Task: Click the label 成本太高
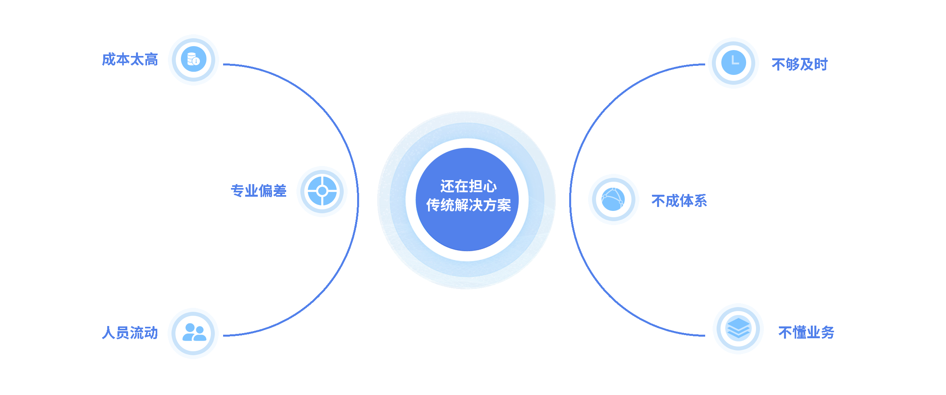[x=130, y=60]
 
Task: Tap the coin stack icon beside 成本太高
[x=194, y=60]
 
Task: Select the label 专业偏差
[x=258, y=191]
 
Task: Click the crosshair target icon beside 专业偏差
[x=322, y=191]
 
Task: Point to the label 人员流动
[x=130, y=333]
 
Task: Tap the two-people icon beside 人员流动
[x=194, y=333]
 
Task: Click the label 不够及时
[x=799, y=64]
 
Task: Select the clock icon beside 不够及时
[x=734, y=63]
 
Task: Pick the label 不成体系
[x=679, y=201]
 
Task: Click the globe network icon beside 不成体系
[x=613, y=199]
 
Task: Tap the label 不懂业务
[x=806, y=332]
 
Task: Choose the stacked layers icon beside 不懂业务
[x=738, y=328]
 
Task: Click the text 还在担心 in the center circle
[x=468, y=186]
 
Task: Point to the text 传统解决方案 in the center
[x=468, y=205]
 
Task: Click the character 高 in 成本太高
[x=151, y=60]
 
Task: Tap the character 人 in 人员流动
[x=108, y=333]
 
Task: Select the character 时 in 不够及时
[x=821, y=64]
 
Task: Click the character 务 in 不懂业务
[x=827, y=332]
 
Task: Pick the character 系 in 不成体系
[x=700, y=201]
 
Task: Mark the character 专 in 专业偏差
[x=237, y=191]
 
